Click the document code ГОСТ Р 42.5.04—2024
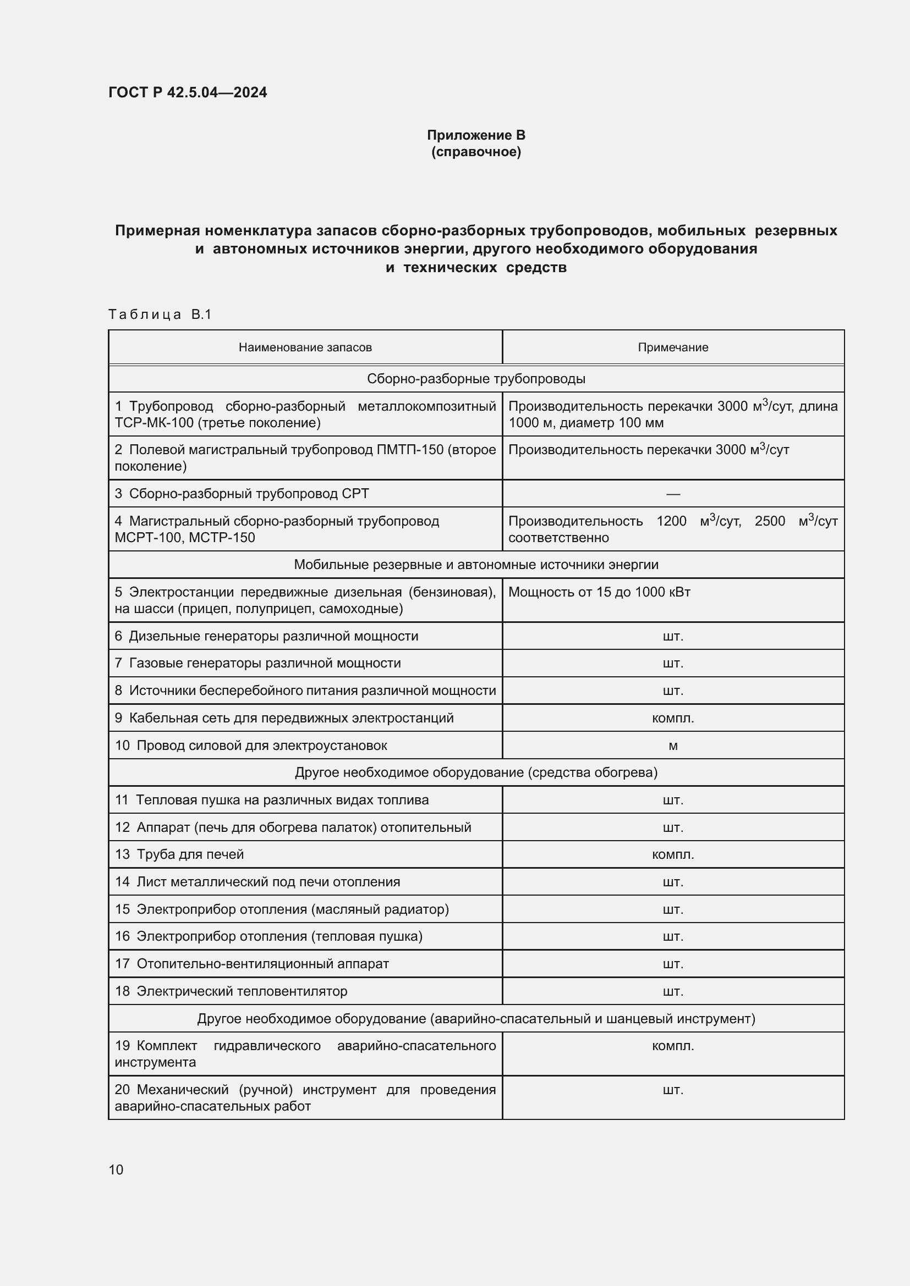[x=187, y=92]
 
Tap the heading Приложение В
[x=476, y=135]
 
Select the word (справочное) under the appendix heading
[x=476, y=152]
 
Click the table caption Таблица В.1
[x=160, y=315]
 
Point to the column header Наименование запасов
[x=305, y=347]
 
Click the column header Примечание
[x=672, y=347]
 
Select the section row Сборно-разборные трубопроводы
[x=476, y=379]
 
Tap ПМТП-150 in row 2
[x=414, y=450]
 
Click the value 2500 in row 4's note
[x=769, y=521]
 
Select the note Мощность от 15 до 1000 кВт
[x=599, y=592]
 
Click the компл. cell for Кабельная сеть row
[x=673, y=718]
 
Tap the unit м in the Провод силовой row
[x=673, y=746]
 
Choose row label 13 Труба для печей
[x=179, y=855]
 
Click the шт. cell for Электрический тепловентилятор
[x=673, y=991]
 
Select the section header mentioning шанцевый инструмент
[x=476, y=1019]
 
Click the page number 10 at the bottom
[x=116, y=1169]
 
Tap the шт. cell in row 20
[x=673, y=1090]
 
